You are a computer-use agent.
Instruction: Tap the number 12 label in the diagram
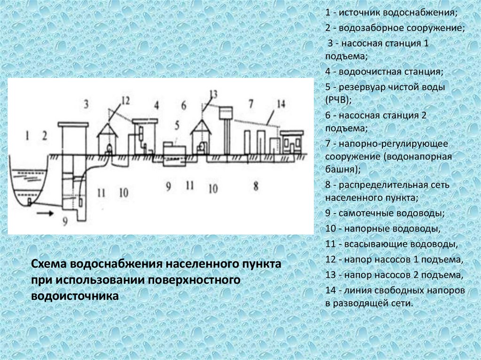pos(124,100)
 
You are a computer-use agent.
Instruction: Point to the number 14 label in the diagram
pos(281,103)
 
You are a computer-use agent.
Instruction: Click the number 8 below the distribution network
pos(256,186)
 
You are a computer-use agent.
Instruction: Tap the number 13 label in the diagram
pos(213,94)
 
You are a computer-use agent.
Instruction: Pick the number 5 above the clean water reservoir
pos(177,125)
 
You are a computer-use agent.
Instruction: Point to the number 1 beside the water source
pos(28,136)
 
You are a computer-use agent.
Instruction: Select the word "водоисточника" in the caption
pos(75,296)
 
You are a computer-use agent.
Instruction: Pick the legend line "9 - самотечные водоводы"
pos(385,214)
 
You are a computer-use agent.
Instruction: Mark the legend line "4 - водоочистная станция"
pos(384,72)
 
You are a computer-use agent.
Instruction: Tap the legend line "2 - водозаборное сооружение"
pos(395,28)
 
